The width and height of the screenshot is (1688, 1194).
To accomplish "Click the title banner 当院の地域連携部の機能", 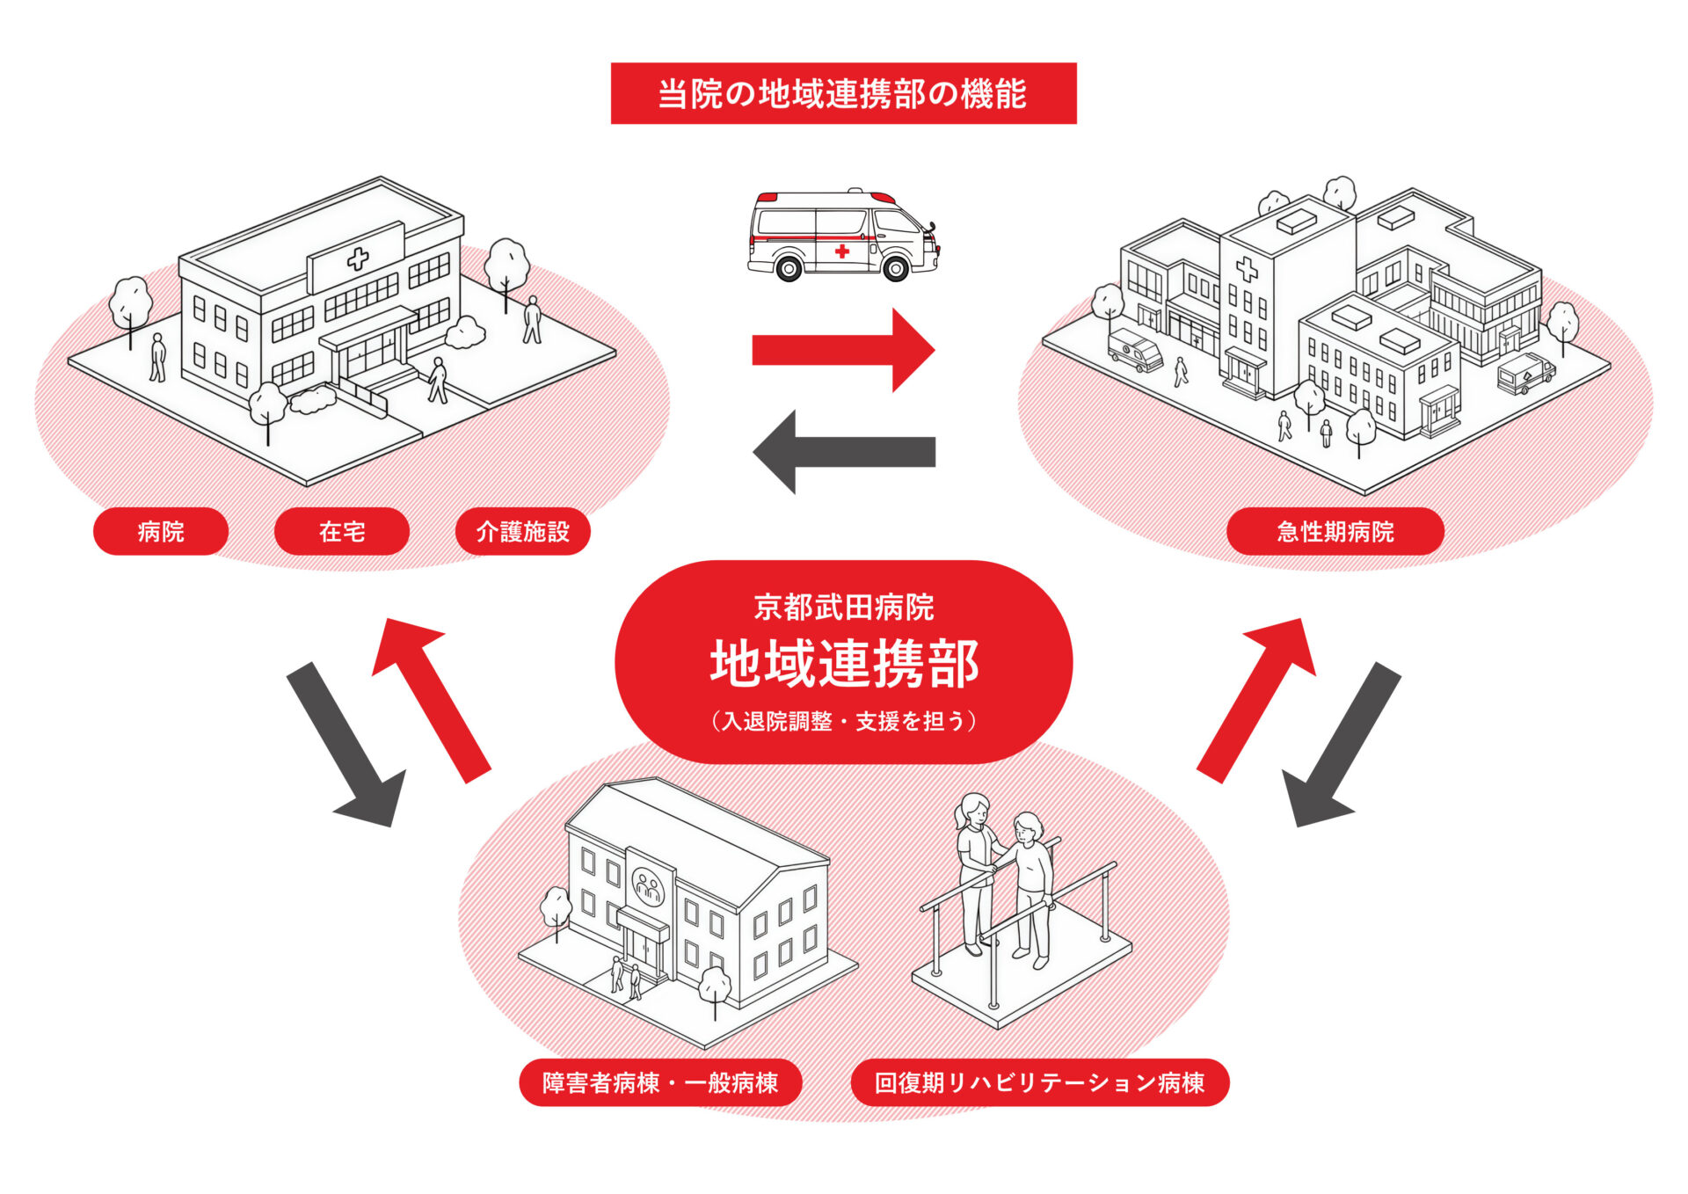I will pyautogui.click(x=843, y=93).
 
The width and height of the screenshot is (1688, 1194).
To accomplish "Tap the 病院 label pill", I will pyautogui.click(x=161, y=531).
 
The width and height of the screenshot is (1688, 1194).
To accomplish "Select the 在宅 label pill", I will pyautogui.click(x=342, y=531).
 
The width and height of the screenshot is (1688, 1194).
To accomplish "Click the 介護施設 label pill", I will pyautogui.click(x=522, y=531).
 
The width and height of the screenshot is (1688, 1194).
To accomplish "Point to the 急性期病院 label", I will pyautogui.click(x=1335, y=531).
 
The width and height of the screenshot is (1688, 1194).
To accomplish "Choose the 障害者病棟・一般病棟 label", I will pyautogui.click(x=660, y=1082).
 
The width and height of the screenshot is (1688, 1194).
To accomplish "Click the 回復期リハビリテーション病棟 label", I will pyautogui.click(x=1039, y=1082).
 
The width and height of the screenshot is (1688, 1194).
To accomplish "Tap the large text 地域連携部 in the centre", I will pyautogui.click(x=843, y=663).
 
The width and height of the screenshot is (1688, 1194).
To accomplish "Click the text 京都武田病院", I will pyautogui.click(x=843, y=607).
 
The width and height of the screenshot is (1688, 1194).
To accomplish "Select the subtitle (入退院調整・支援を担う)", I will pyautogui.click(x=843, y=721).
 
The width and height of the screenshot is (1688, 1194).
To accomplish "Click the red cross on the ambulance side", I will pyautogui.click(x=841, y=251).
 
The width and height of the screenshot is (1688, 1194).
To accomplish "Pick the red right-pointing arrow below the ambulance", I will pyautogui.click(x=842, y=350).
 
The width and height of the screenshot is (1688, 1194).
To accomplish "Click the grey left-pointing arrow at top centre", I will pyautogui.click(x=842, y=452).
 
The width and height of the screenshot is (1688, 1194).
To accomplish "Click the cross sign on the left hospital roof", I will pyautogui.click(x=357, y=258).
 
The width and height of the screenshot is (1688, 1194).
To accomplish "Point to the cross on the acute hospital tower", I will pyautogui.click(x=1246, y=268).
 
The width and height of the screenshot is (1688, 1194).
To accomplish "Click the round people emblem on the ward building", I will pyautogui.click(x=649, y=886).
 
